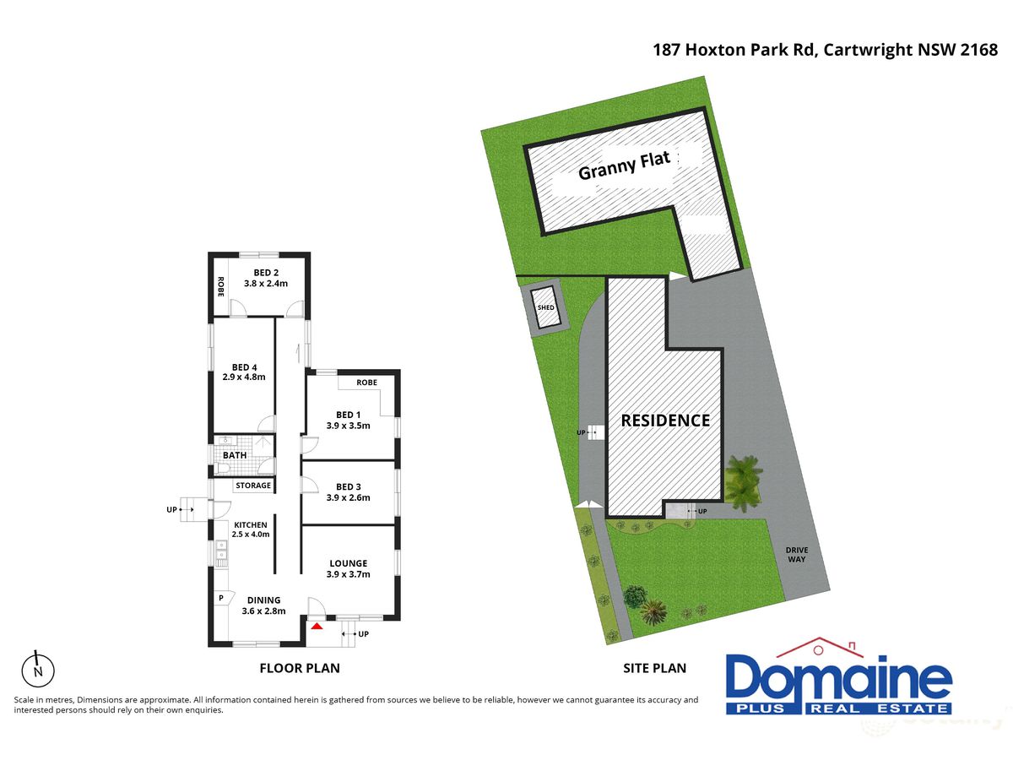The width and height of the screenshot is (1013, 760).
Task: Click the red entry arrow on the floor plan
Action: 316,627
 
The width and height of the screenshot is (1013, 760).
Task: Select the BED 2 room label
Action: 266,273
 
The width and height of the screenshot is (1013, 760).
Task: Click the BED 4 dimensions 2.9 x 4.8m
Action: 244,377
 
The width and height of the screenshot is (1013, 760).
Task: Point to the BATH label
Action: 235,455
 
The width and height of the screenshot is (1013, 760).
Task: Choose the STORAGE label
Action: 253,486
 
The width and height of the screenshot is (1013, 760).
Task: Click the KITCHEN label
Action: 250,524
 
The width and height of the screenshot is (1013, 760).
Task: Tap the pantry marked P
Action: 221,598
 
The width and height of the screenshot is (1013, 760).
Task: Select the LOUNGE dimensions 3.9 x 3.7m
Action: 348,574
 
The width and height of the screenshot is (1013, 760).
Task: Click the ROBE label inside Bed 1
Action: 366,383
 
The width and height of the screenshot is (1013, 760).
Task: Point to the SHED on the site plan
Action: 545,307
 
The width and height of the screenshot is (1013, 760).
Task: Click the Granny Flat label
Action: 624,166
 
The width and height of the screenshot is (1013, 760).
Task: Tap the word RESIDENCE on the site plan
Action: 665,421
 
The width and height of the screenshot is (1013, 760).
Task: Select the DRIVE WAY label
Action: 797,555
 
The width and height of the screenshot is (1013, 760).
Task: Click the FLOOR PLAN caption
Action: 300,668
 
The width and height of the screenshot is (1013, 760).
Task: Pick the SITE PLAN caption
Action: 654,668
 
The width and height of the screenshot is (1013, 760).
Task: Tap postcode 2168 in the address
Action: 979,50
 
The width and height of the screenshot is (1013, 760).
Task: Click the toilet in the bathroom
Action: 223,469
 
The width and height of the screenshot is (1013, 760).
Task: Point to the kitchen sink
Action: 221,552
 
